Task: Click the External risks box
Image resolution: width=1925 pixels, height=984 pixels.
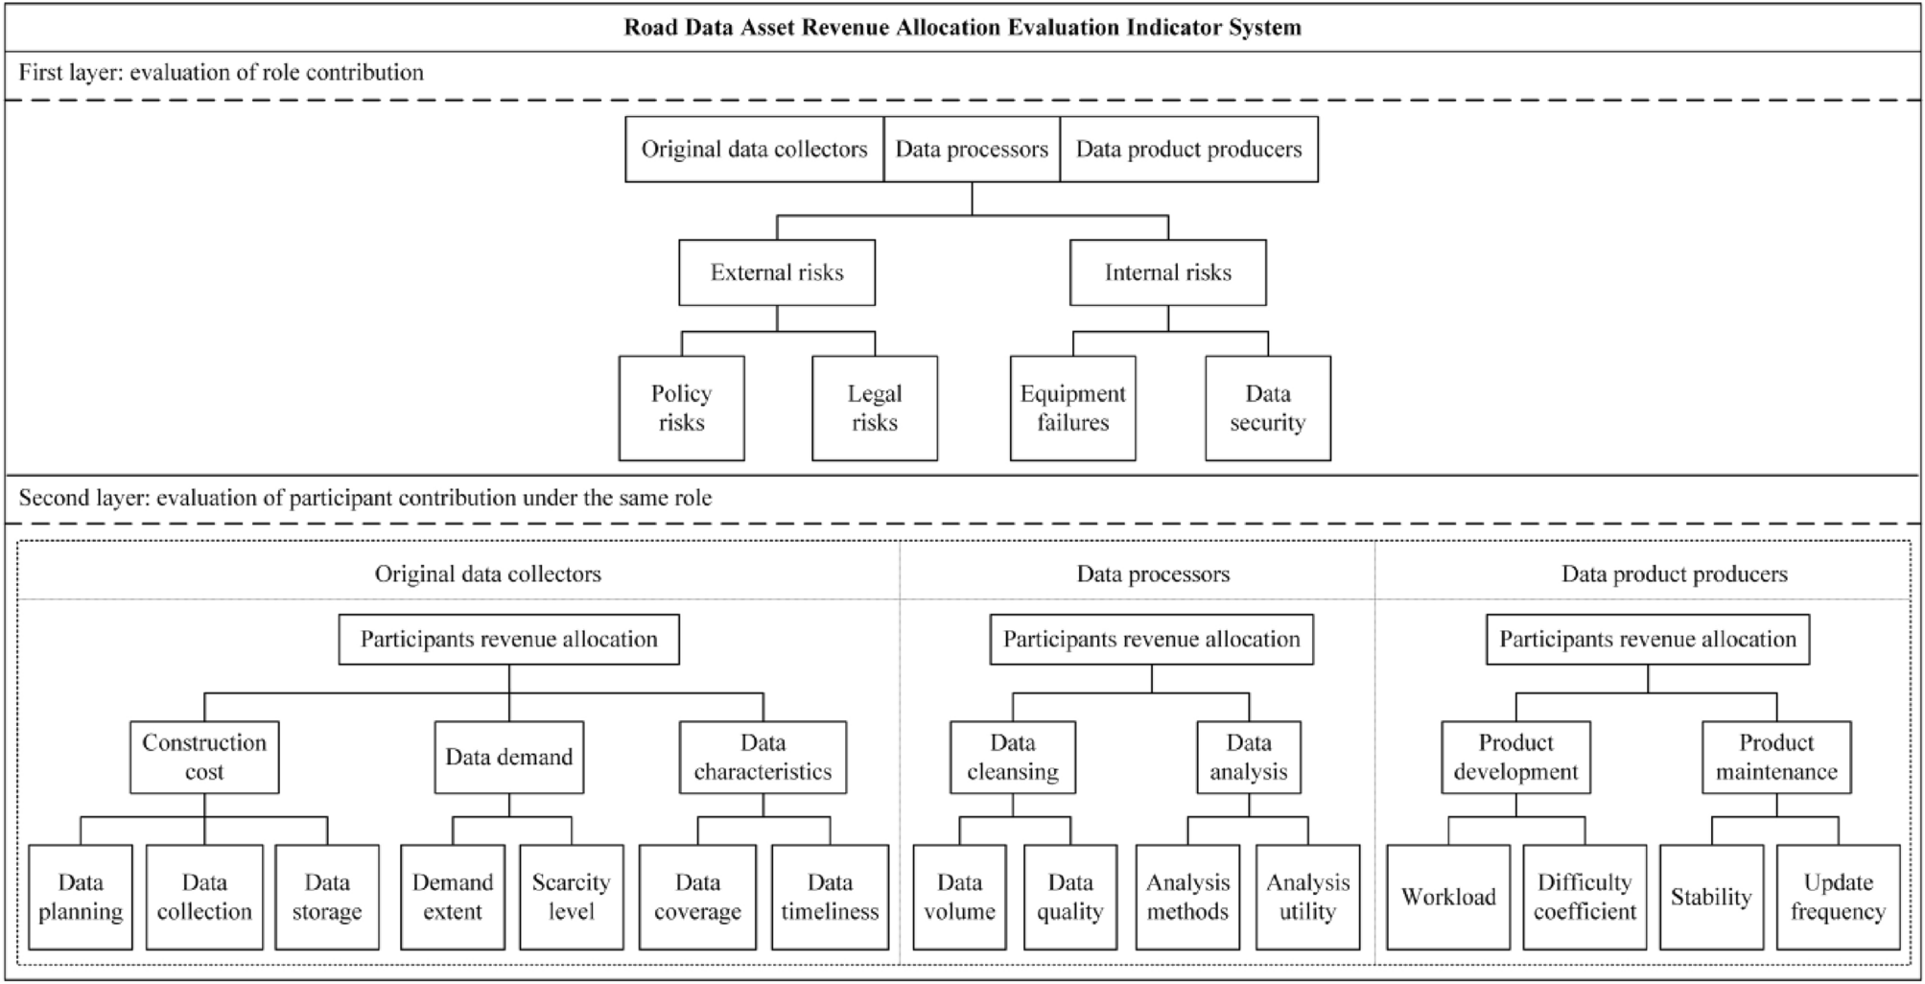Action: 777,273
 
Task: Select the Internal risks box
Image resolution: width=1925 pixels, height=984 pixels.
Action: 1167,273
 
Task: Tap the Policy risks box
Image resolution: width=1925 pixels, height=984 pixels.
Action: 681,409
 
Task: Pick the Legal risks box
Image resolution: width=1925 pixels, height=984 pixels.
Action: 874,409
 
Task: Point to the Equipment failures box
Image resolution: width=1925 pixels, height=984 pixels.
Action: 1072,409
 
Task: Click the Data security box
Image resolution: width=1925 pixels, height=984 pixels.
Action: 1267,409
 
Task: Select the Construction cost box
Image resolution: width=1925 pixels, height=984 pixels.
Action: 204,758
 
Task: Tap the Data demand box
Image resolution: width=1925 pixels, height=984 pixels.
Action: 508,758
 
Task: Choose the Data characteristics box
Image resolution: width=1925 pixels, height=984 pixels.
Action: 763,758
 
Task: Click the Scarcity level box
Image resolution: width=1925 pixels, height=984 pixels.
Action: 571,897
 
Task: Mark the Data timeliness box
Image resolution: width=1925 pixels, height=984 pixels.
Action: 830,897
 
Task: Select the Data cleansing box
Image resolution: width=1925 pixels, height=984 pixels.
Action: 1012,758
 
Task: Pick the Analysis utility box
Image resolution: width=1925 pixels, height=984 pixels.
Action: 1307,897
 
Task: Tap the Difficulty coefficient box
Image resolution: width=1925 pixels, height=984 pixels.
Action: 1585,897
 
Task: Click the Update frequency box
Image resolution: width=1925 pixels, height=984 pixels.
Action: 1838,897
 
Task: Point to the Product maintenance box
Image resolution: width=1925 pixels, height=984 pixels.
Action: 1776,758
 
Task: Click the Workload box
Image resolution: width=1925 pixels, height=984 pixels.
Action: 1448,897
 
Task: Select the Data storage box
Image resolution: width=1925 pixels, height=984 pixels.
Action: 327,897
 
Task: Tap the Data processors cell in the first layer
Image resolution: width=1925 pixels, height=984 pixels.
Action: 972,150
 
